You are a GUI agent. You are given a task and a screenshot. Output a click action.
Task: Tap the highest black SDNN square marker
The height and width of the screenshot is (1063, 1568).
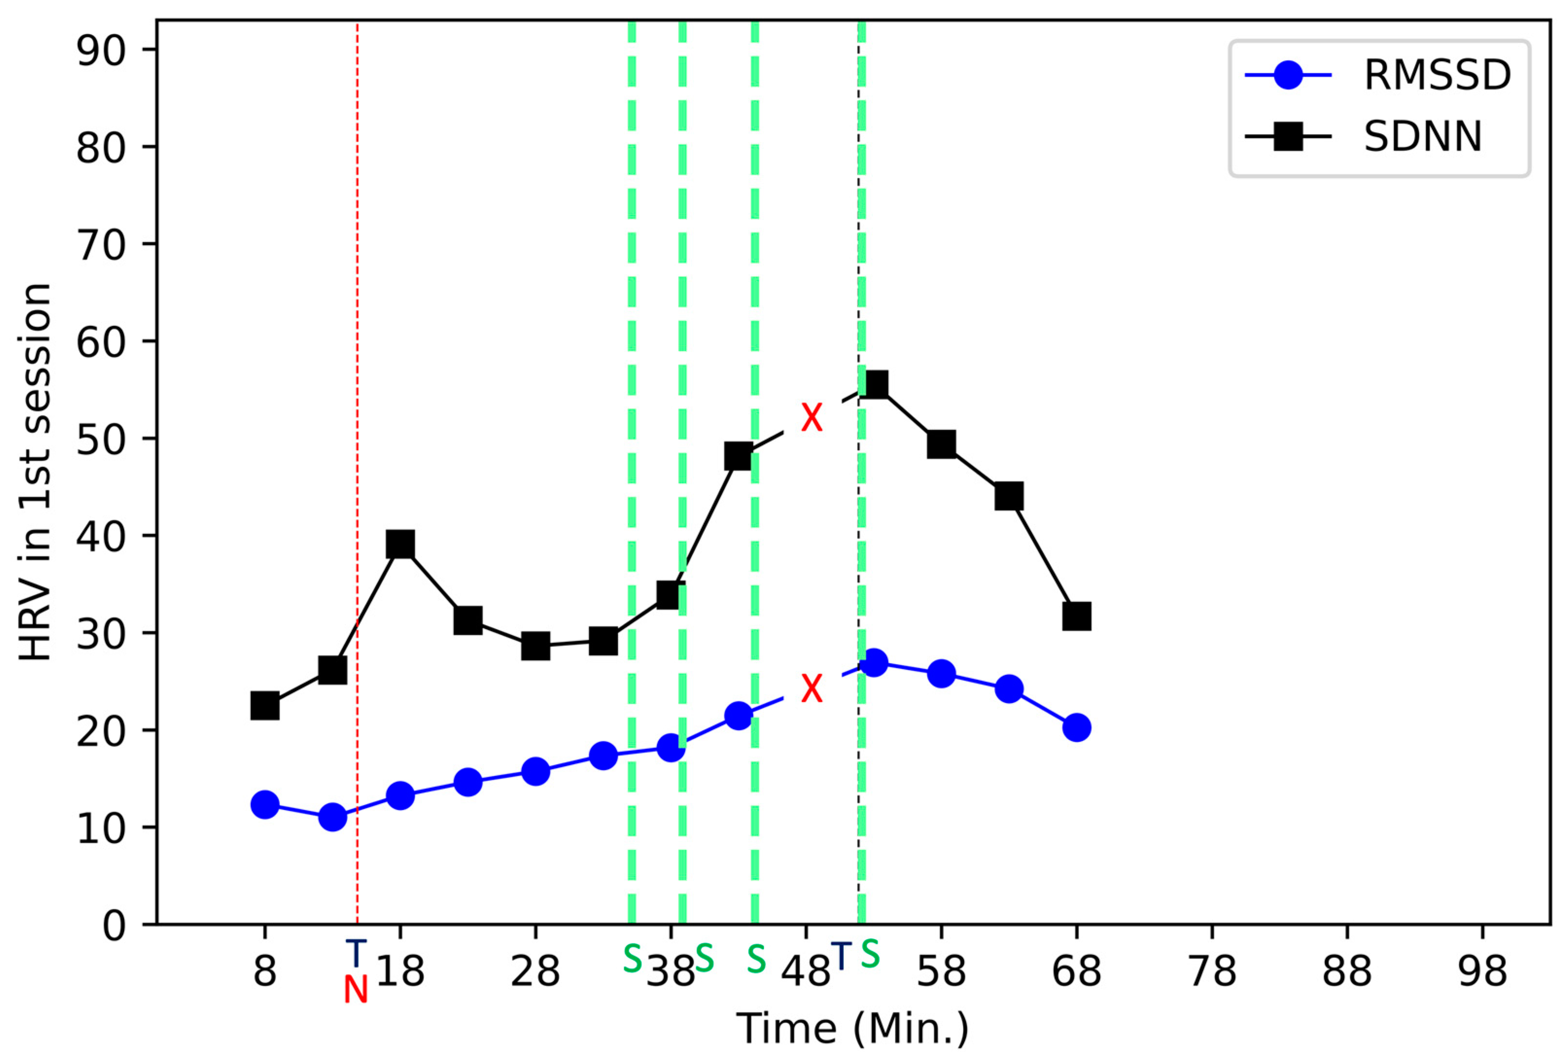pos(874,385)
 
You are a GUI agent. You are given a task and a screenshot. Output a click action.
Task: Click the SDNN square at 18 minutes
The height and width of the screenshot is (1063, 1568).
pos(400,543)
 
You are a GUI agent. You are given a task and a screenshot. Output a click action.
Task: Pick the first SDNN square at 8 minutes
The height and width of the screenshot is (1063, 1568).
pos(264,706)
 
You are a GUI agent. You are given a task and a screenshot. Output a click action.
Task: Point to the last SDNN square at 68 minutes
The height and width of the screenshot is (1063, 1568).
pos(1076,616)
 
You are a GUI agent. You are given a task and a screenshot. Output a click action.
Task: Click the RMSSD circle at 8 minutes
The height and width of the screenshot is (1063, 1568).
pos(264,804)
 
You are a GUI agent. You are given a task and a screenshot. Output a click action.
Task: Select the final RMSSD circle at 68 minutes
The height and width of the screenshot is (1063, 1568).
pos(1076,727)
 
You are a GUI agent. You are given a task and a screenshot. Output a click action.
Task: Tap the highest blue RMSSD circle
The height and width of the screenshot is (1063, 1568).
pos(874,662)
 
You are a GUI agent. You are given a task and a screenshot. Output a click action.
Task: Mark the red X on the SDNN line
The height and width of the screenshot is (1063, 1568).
pos(812,418)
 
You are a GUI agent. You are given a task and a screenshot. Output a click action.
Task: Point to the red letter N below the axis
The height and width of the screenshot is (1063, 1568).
pos(356,990)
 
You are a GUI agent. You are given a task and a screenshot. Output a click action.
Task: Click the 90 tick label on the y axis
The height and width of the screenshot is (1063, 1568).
pos(101,51)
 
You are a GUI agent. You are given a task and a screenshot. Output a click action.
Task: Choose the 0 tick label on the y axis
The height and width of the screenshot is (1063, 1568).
pos(114,925)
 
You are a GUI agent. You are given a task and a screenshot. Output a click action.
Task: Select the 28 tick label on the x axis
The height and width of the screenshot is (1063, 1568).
pos(535,973)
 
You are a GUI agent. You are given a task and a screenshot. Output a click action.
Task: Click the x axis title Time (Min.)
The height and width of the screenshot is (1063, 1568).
pos(852,1029)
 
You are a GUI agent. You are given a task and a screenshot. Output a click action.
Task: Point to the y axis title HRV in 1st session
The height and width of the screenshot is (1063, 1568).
pos(35,472)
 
